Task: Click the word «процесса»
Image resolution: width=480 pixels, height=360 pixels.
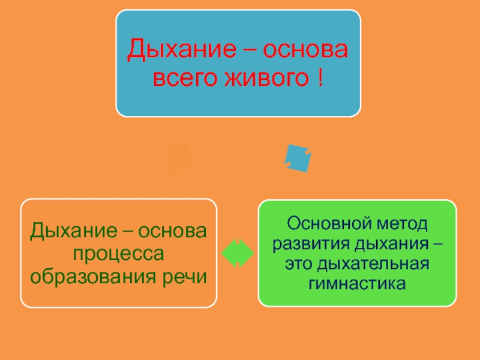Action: point(118,254)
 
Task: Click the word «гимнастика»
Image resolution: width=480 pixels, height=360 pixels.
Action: point(356,283)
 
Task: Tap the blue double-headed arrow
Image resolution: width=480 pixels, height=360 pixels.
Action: point(298,158)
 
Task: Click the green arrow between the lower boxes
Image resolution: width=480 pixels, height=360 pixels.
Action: point(238,253)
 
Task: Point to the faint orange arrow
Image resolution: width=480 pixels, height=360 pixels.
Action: point(179,158)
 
